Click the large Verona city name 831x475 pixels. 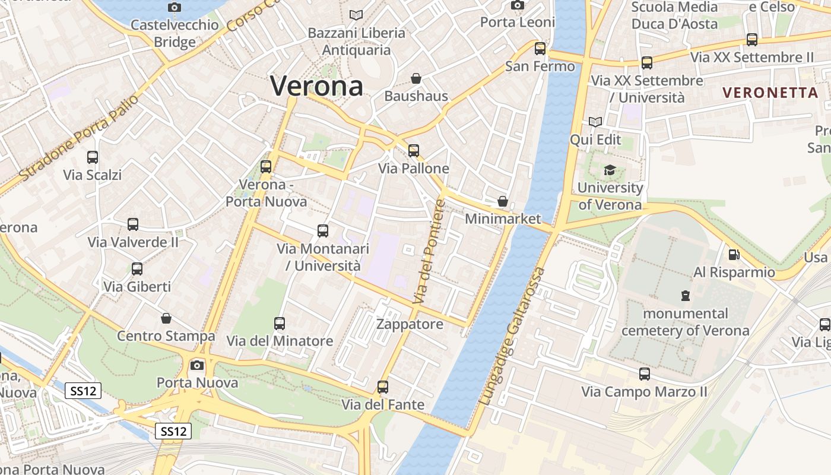coord(316,86)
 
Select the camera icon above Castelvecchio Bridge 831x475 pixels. coord(174,7)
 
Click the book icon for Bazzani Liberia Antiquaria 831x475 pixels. coord(356,15)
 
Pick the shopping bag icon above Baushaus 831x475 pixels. coord(416,78)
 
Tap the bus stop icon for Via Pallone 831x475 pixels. coord(414,151)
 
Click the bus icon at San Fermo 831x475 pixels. coord(540,49)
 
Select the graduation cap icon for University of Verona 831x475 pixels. coord(610,170)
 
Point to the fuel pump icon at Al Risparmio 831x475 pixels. coord(734,255)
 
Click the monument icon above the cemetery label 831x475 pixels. coord(686,295)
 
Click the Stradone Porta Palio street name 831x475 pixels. coord(80,138)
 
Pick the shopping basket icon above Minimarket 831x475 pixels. coord(503,201)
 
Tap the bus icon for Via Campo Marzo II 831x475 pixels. coord(645,374)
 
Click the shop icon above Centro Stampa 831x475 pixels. coord(166,319)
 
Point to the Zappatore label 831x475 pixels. coord(410,324)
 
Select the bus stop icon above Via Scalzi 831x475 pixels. coord(93,157)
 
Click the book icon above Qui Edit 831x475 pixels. coord(595,122)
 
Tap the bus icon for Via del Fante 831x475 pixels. coord(383,387)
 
